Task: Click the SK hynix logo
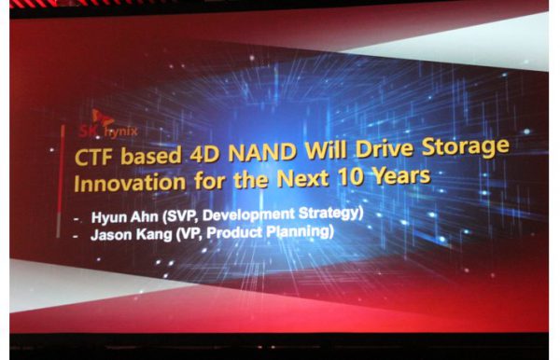pyautogui.click(x=107, y=124)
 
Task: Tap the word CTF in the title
pyautogui.click(x=94, y=157)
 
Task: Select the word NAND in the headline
pyautogui.click(x=262, y=152)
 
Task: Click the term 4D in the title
pyautogui.click(x=204, y=154)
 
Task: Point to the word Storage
pyautogui.click(x=466, y=146)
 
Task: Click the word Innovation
pyautogui.click(x=130, y=183)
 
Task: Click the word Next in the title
pyautogui.click(x=302, y=178)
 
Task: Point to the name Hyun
pyautogui.click(x=107, y=217)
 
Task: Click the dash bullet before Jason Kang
pyautogui.click(x=76, y=236)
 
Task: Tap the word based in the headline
pyautogui.click(x=151, y=156)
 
